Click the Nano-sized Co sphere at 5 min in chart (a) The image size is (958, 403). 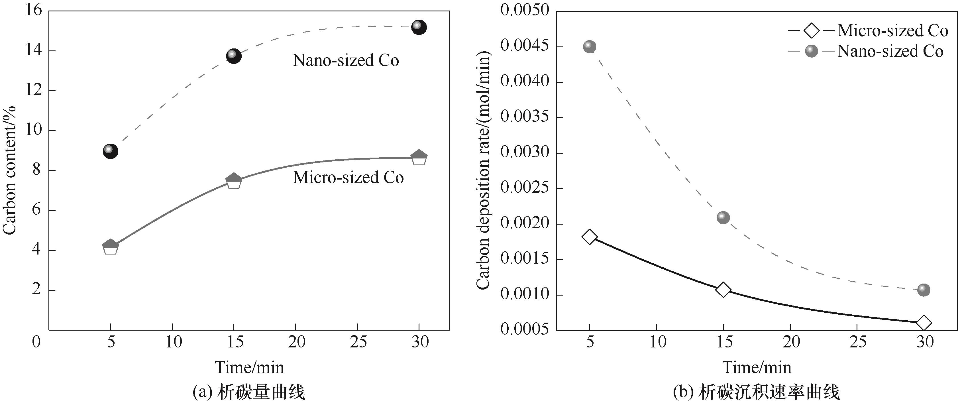pos(111,151)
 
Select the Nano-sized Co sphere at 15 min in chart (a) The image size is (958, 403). pos(234,56)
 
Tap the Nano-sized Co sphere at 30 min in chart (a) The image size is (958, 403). pos(419,27)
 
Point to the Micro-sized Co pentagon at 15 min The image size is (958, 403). pos(234,181)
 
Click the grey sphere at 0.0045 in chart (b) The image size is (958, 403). pos(590,46)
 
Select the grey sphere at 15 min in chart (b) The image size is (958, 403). pos(723,217)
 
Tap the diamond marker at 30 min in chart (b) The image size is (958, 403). pos(924,323)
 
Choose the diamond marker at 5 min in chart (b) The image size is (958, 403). pos(590,237)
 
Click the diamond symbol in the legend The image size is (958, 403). pos(812,30)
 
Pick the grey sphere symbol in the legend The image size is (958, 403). pos(812,51)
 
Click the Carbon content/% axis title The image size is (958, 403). pos(10,170)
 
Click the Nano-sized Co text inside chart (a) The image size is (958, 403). pos(346,61)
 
